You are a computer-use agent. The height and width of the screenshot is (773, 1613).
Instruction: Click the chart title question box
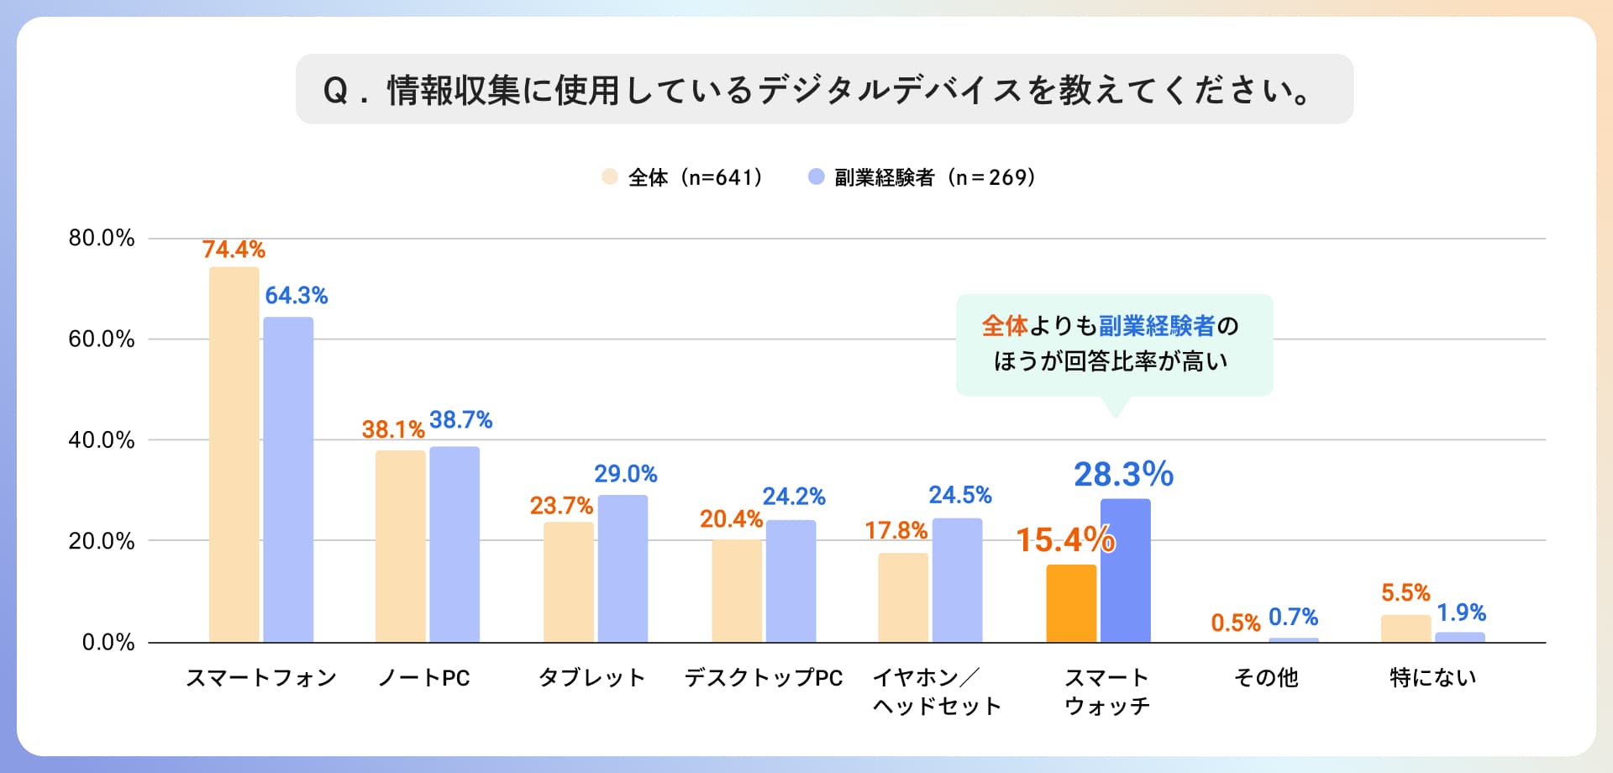tap(823, 89)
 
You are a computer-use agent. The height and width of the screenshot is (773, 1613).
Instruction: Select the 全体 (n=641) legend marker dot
tap(610, 177)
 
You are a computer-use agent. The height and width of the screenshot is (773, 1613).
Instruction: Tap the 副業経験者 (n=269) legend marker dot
tap(816, 177)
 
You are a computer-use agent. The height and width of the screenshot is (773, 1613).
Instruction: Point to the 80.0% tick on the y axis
tap(102, 238)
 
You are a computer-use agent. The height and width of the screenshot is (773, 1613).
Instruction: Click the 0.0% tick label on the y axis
tap(108, 643)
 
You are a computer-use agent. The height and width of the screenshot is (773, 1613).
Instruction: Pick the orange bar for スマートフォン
tap(234, 454)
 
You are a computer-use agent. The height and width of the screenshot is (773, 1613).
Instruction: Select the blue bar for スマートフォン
tap(288, 479)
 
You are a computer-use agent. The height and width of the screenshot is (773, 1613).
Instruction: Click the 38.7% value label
tap(460, 420)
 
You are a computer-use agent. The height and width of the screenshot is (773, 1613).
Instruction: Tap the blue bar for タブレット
tap(623, 568)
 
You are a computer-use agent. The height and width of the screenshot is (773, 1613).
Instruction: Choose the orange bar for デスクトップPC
tap(737, 591)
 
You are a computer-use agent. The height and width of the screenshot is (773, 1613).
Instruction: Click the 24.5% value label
tap(959, 495)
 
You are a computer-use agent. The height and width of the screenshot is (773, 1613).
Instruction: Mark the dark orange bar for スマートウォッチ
tap(1071, 603)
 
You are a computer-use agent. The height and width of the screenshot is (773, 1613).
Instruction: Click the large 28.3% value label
tap(1123, 475)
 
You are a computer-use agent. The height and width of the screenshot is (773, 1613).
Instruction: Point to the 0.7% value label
tap(1293, 618)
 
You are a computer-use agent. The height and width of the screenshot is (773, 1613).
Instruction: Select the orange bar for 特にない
tap(1405, 628)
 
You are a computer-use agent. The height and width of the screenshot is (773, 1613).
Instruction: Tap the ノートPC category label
tap(424, 678)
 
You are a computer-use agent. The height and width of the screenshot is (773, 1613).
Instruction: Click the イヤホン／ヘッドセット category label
tap(937, 691)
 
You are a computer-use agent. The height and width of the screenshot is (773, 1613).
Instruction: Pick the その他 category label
tap(1266, 678)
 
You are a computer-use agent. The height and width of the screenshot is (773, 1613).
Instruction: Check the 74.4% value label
tap(234, 250)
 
